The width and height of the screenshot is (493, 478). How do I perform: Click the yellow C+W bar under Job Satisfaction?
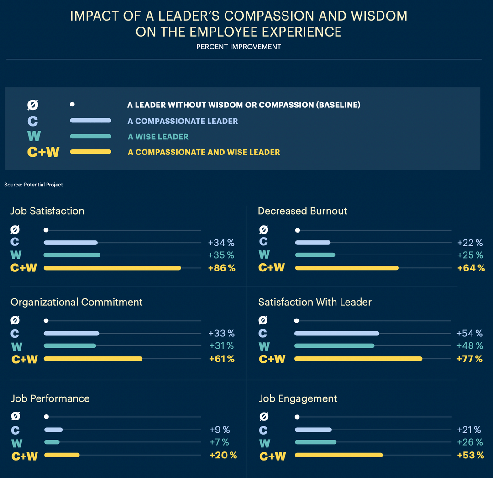click(112, 268)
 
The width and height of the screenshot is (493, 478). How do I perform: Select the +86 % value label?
click(221, 268)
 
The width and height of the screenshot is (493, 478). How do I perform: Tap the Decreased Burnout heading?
click(302, 211)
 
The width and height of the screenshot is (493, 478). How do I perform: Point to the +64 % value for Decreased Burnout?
click(471, 268)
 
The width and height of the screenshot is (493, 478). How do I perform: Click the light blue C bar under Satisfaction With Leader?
click(337, 333)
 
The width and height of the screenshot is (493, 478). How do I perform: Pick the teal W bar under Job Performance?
click(52, 442)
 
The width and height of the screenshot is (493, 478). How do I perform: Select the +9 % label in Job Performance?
click(220, 430)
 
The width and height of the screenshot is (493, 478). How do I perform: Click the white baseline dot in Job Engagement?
click(297, 417)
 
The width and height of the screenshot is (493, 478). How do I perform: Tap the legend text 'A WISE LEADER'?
click(158, 137)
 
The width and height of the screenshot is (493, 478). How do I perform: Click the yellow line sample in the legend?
click(90, 152)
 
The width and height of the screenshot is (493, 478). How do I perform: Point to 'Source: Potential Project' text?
click(33, 185)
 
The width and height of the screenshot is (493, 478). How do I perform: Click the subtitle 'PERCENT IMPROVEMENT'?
click(238, 47)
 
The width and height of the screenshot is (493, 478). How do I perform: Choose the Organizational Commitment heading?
click(76, 302)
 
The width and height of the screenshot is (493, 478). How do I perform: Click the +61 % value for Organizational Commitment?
click(221, 359)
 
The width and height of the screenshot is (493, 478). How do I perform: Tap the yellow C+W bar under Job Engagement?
click(339, 455)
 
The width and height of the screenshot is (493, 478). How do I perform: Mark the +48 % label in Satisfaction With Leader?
click(469, 346)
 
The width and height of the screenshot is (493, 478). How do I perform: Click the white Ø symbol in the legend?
click(33, 105)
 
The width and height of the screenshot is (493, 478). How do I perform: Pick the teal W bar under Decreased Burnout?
click(315, 255)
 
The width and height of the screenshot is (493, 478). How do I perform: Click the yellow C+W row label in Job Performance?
click(25, 456)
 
